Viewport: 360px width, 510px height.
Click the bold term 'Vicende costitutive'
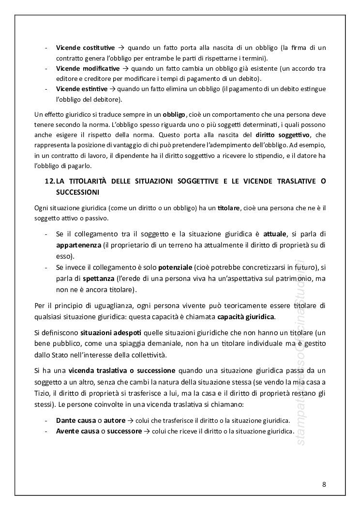(x=85, y=47)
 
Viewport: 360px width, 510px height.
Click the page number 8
(x=324, y=484)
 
